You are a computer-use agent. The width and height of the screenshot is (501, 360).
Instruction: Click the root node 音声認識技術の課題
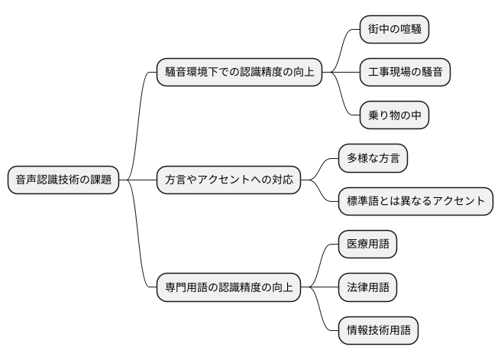point(63,180)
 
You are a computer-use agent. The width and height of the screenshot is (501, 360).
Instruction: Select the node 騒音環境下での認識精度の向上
point(238,73)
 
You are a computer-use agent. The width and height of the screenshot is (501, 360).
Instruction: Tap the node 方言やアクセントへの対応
point(228,180)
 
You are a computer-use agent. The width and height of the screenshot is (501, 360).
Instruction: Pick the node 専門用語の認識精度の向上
point(228,288)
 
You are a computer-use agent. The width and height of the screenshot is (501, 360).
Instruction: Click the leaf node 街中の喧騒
point(394,30)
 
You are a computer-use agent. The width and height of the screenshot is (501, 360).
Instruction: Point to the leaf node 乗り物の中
point(394,115)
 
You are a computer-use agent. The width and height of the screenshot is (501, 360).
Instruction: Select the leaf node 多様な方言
point(373,159)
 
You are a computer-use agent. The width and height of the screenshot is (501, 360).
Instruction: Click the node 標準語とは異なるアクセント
point(415,202)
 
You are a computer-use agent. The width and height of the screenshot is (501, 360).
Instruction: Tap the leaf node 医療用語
point(367,245)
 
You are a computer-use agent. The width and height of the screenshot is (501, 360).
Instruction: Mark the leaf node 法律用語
point(367,288)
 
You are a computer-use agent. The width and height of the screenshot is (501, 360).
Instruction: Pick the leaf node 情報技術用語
point(378,331)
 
